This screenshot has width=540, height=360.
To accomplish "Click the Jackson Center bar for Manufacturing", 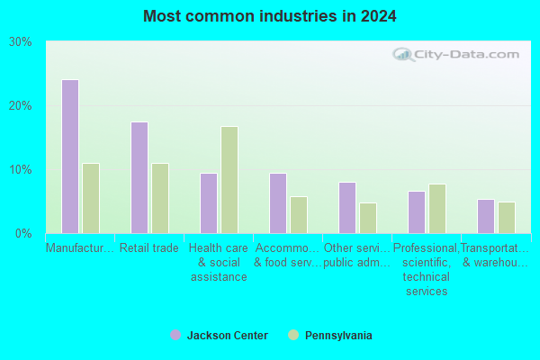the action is pyautogui.click(x=70, y=157).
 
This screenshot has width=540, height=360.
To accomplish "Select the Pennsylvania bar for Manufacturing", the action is pyautogui.click(x=91, y=198).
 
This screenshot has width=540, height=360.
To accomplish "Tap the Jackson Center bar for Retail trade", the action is pyautogui.click(x=139, y=178).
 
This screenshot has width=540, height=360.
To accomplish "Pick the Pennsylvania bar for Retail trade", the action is pyautogui.click(x=160, y=198).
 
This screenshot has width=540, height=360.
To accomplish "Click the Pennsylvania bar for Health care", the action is pyautogui.click(x=229, y=180).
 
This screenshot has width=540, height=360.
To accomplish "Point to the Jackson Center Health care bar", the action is pyautogui.click(x=209, y=203).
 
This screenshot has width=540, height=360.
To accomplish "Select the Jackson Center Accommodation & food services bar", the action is pyautogui.click(x=278, y=203).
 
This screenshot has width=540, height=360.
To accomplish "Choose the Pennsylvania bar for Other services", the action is pyautogui.click(x=368, y=219).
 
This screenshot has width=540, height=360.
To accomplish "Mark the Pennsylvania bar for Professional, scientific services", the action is pyautogui.click(x=437, y=209).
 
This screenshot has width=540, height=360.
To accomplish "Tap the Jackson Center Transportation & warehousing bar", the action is pyautogui.click(x=486, y=217).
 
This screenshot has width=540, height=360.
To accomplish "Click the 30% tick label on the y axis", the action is pyautogui.click(x=21, y=42).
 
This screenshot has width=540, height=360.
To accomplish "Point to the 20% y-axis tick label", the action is pyautogui.click(x=21, y=106).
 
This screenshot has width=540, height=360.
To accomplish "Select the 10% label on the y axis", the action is pyautogui.click(x=21, y=170).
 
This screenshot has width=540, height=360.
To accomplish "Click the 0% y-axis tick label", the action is pyautogui.click(x=23, y=234).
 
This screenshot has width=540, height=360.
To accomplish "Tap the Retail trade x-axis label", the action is pyautogui.click(x=149, y=248).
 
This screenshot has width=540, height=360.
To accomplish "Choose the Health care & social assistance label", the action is pyautogui.click(x=219, y=263).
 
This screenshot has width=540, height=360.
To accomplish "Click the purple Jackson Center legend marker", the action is pyautogui.click(x=175, y=335).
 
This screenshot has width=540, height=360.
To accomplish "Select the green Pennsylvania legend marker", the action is pyautogui.click(x=293, y=335).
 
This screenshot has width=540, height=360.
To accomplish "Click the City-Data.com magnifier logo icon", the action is pyautogui.click(x=403, y=54).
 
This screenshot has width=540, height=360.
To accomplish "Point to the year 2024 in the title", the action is pyautogui.click(x=379, y=16).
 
